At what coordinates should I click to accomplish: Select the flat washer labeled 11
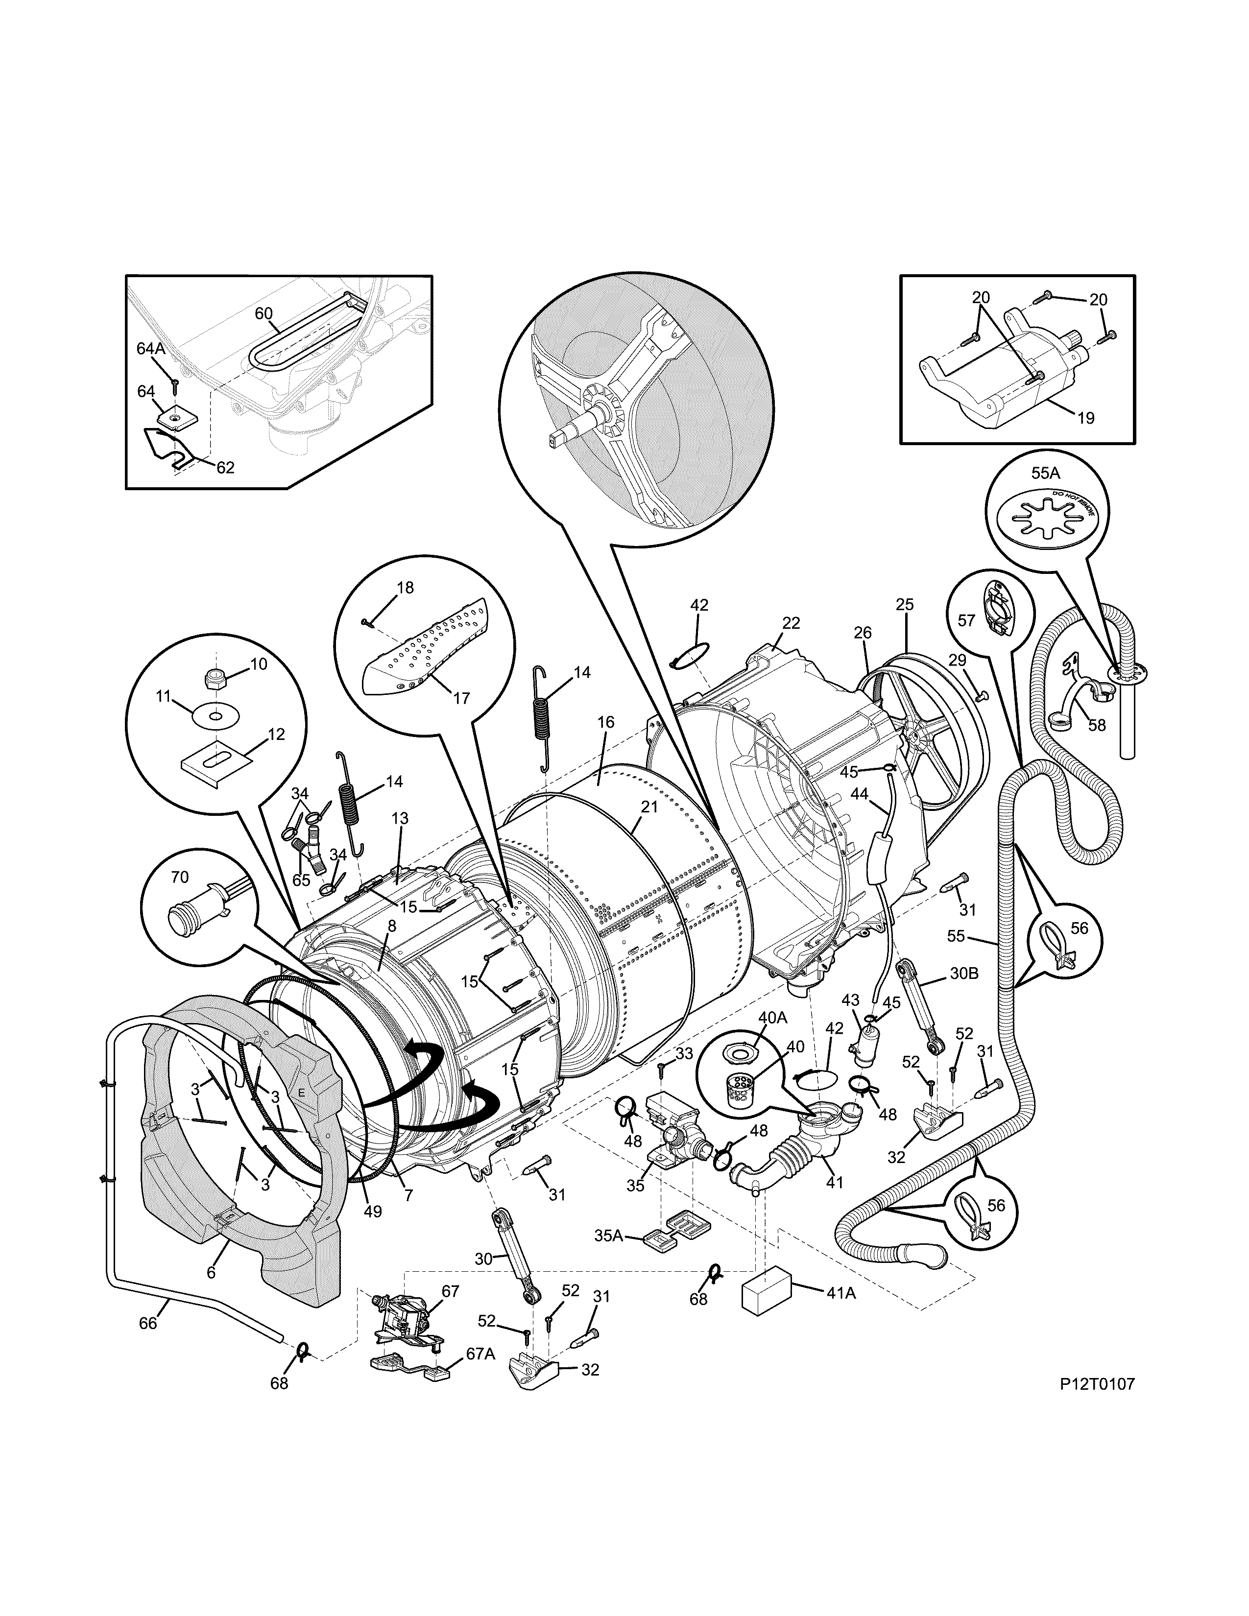click(x=216, y=716)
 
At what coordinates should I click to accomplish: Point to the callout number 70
click(x=180, y=878)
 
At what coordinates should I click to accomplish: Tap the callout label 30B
click(x=963, y=973)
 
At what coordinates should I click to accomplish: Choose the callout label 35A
click(x=608, y=1235)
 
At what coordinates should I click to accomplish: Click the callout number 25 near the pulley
click(x=904, y=604)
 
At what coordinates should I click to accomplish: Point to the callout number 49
click(x=373, y=1211)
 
